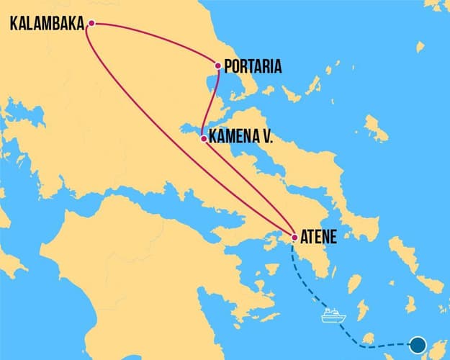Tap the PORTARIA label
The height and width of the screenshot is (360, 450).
click(x=253, y=68)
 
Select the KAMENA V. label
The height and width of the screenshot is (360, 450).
click(x=242, y=138)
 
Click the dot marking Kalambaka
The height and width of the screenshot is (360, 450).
click(x=91, y=24)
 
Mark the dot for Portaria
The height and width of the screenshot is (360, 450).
click(x=218, y=66)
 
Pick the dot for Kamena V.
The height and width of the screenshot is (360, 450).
click(x=204, y=138)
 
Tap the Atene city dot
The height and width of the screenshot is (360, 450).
click(x=294, y=237)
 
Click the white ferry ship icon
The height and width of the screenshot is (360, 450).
click(x=333, y=315)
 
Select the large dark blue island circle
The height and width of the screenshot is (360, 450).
click(x=418, y=345)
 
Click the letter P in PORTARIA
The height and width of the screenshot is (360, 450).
click(x=228, y=68)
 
